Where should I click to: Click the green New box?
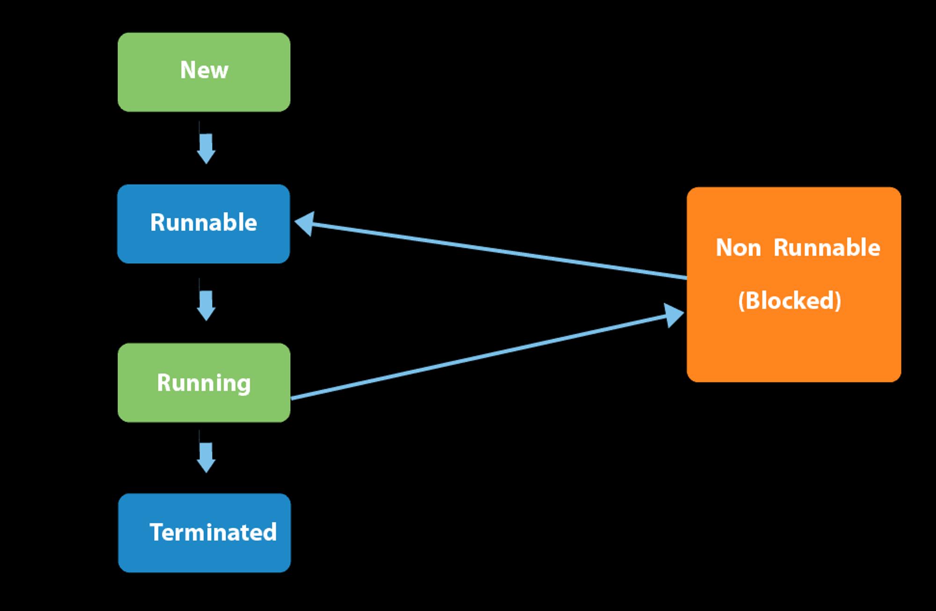click(204, 72)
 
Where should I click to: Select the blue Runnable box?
click(204, 224)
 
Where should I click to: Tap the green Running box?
click(204, 383)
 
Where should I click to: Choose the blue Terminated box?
click(205, 533)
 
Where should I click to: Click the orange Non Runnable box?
click(794, 285)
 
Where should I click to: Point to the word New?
click(204, 70)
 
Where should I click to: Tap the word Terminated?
click(213, 532)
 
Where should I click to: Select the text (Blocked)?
click(790, 301)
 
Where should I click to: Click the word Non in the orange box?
click(739, 248)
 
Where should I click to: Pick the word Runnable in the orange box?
click(827, 247)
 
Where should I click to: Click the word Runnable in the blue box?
click(204, 222)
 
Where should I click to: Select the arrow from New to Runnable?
click(206, 143)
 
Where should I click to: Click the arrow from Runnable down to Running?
click(206, 300)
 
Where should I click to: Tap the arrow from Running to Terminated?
click(206, 451)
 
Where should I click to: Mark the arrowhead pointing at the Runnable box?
click(305, 224)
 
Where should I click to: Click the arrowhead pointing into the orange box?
click(674, 315)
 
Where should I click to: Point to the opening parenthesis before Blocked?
click(741, 301)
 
